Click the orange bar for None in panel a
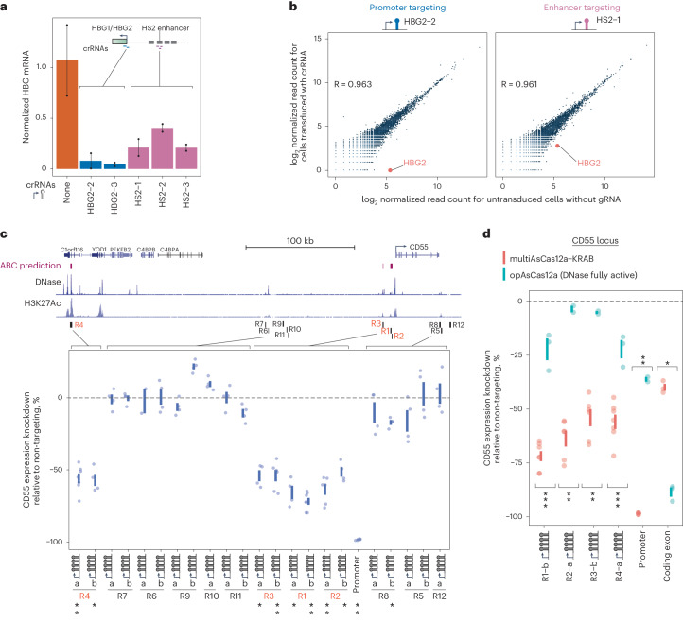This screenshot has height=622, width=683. (x=66, y=113)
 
